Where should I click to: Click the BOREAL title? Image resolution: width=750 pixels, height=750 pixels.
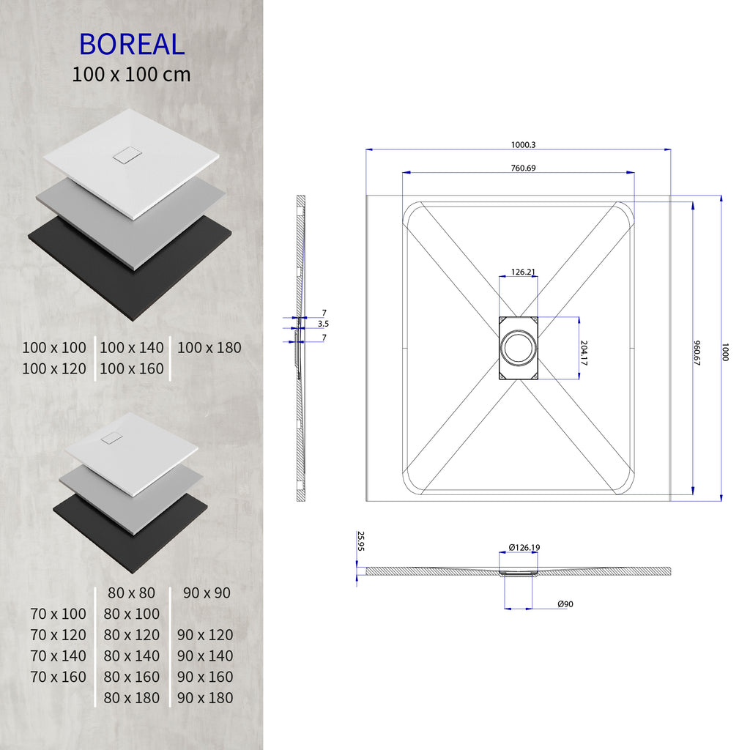pos(132,44)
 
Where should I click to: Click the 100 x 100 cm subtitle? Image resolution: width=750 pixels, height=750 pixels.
pos(132,75)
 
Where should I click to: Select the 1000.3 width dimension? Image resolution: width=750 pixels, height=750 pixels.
pos(518,145)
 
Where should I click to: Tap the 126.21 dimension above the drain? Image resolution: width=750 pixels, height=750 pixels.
pos(522,272)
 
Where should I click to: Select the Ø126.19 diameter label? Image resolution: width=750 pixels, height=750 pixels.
pos(524,548)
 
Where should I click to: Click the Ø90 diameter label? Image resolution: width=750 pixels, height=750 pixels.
pos(565,604)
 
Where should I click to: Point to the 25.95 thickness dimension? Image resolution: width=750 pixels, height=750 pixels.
pos(360,541)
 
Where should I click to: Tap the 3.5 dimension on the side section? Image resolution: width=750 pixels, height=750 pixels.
pos(323,323)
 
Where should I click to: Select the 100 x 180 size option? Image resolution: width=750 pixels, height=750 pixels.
pos(209,348)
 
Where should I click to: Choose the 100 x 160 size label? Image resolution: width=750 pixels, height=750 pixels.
pos(132,368)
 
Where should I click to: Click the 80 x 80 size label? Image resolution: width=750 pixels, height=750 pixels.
pos(132,593)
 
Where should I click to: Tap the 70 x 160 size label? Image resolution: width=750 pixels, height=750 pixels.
pos(59,677)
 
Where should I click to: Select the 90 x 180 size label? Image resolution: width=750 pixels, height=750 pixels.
pos(205,698)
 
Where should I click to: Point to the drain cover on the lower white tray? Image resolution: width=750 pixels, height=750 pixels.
pos(112,438)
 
